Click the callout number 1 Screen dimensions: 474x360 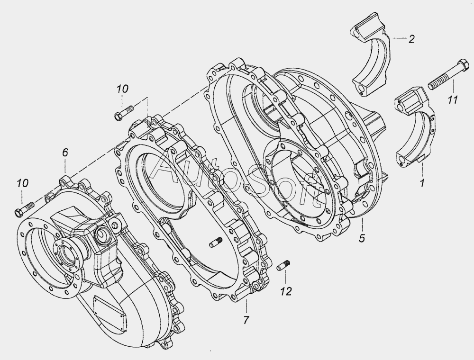click(x=422, y=182)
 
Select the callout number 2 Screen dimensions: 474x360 click(x=411, y=39)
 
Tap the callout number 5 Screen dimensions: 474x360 click(x=362, y=238)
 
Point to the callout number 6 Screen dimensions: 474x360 click(x=65, y=153)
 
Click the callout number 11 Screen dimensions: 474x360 click(x=453, y=99)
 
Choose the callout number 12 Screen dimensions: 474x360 click(x=286, y=291)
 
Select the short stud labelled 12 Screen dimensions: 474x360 click(x=283, y=265)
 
